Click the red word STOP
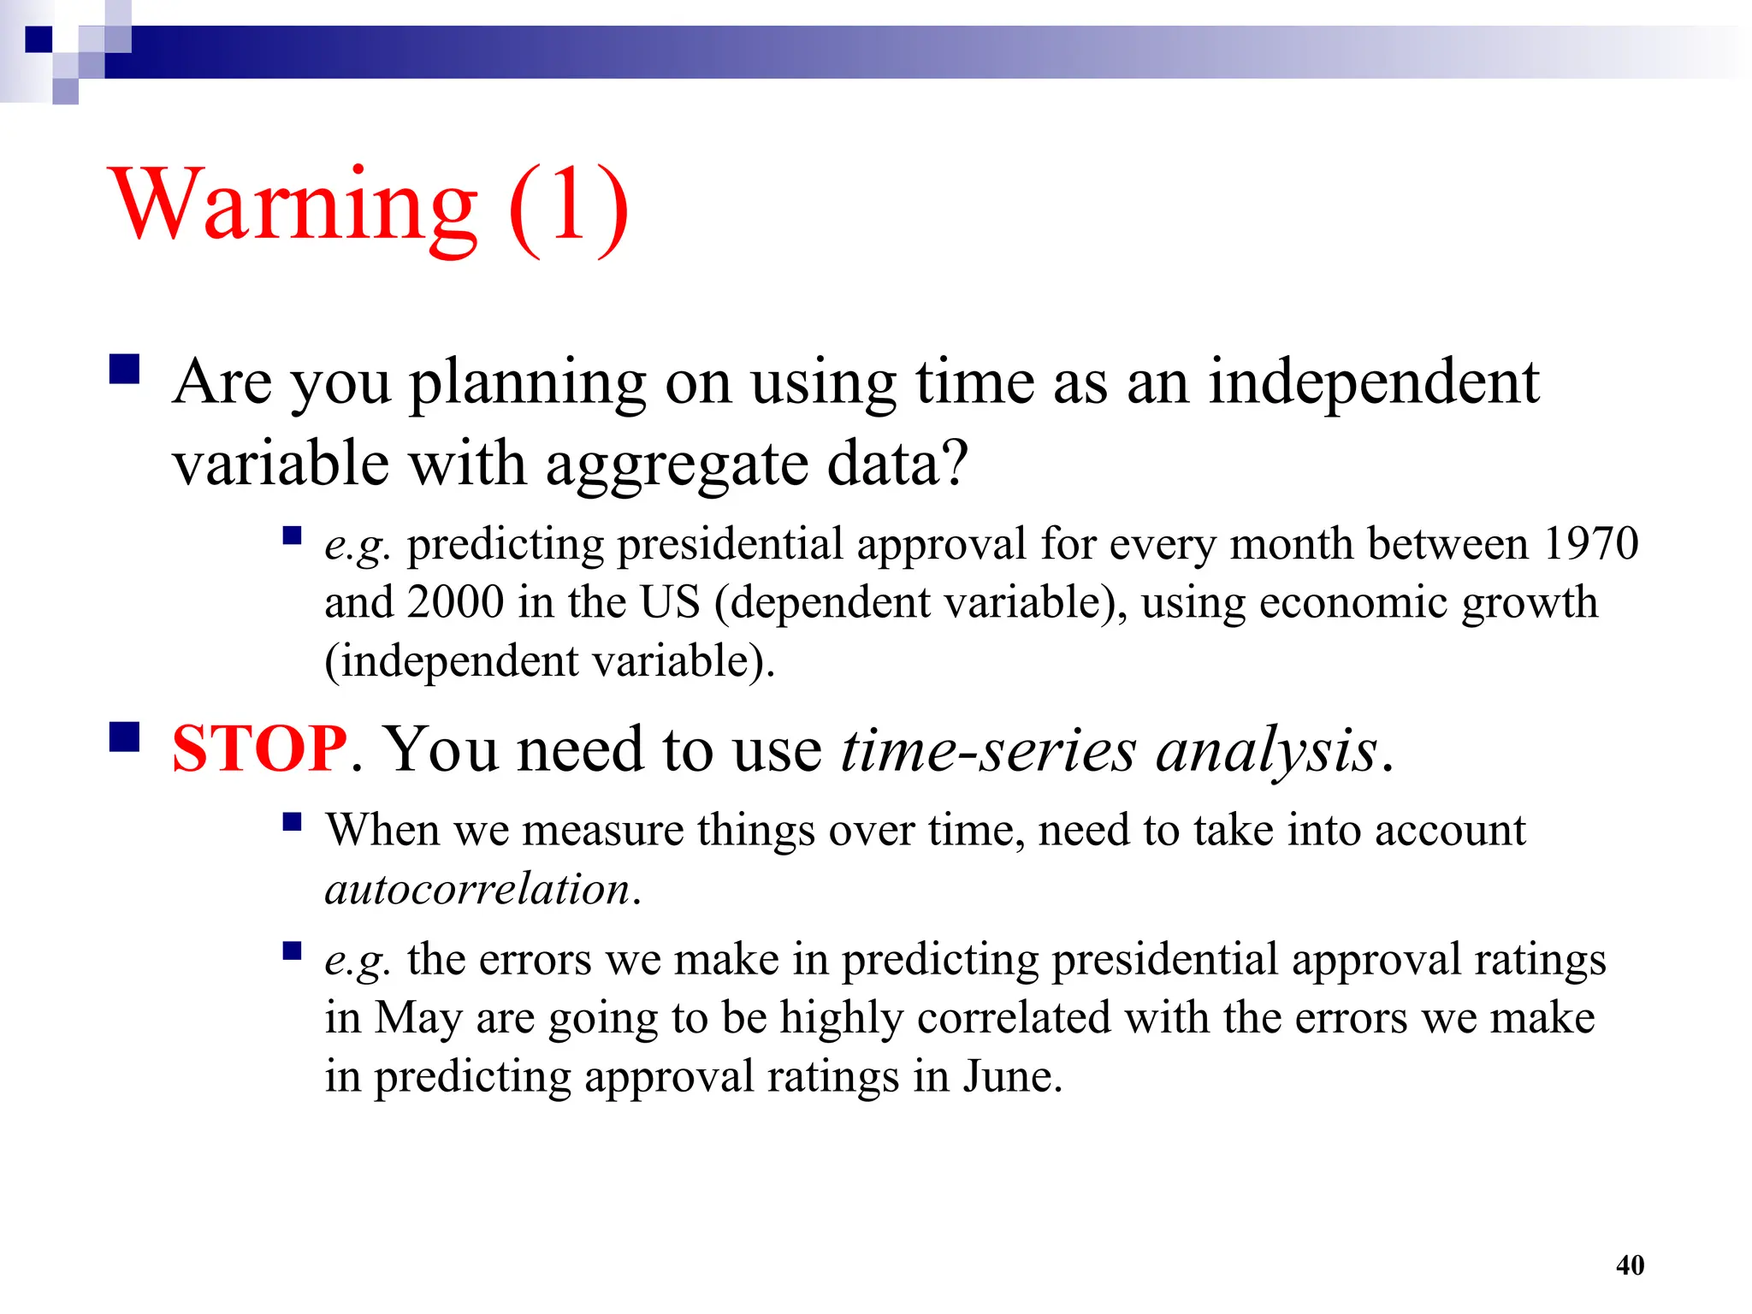258,749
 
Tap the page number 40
1630,1265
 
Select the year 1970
1590,544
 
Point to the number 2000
455,602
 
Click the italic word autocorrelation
477,890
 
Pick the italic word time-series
988,749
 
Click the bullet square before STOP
125,737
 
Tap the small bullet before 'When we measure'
293,822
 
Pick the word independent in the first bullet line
1373,382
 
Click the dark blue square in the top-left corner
38,39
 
